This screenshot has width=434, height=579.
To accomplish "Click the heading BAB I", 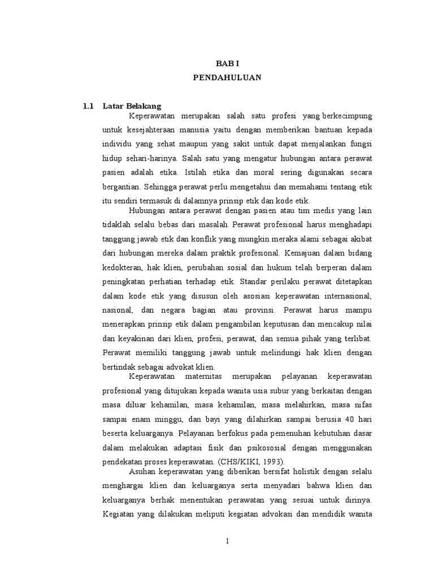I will coord(227,65).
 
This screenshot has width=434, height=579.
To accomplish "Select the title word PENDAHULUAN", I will coord(227,79).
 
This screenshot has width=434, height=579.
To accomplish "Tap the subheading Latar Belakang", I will coord(132,106).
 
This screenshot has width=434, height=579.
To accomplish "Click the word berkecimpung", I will coord(348,116).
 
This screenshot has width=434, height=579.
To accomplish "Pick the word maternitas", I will coord(209,377).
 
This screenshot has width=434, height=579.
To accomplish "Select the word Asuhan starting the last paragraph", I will coord(141,471).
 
